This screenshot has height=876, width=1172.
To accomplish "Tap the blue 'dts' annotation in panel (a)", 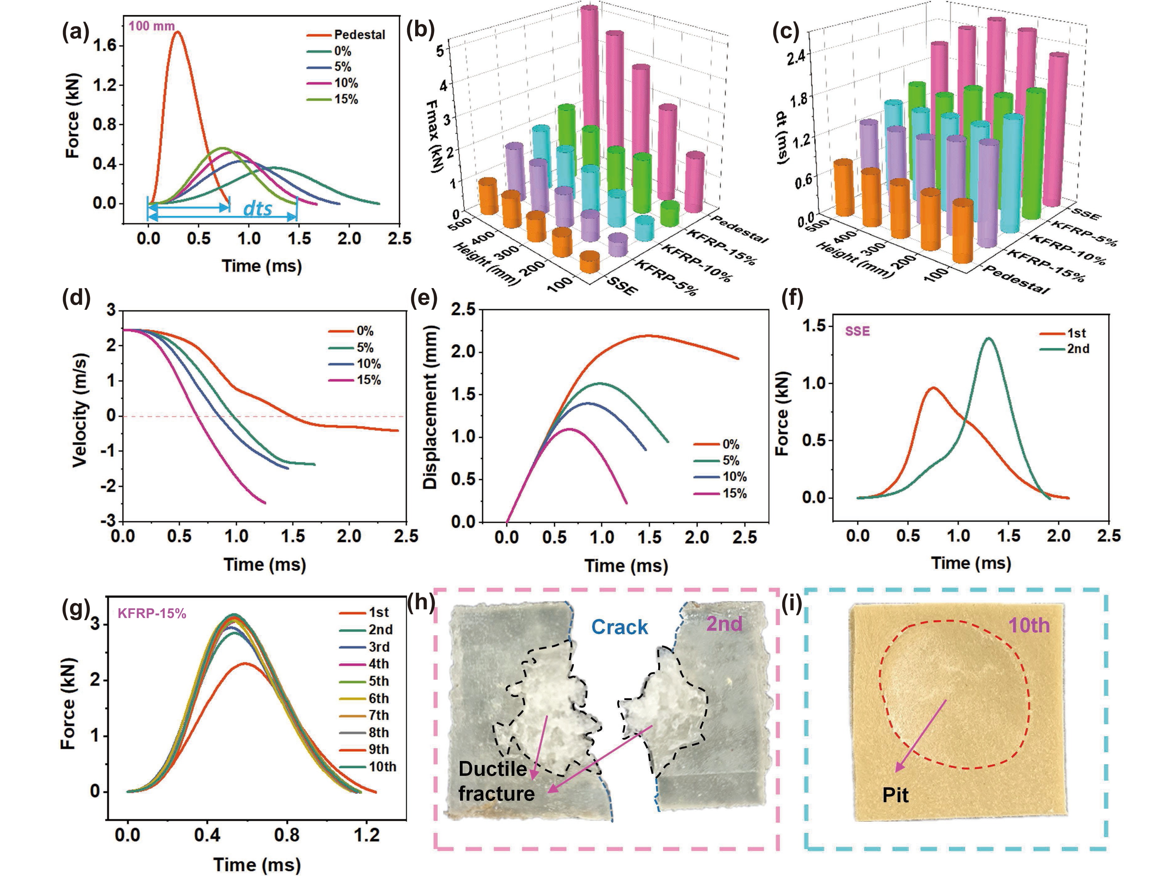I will coord(258,209).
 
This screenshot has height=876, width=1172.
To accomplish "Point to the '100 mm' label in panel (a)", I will coord(152,25).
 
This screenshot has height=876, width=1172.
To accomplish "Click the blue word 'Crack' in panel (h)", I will coord(619,627).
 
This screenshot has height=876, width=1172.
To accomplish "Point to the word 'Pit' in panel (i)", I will coord(895,795).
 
